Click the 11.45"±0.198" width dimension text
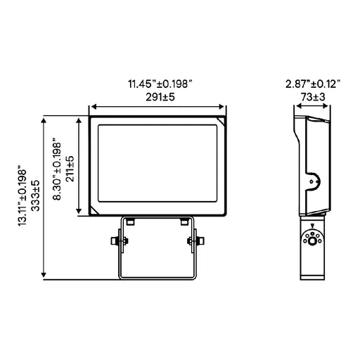point(157,83)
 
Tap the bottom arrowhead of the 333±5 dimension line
point(46,276)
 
